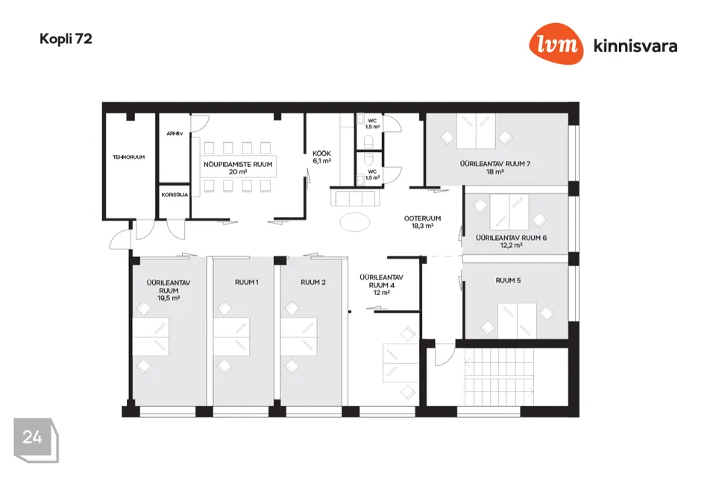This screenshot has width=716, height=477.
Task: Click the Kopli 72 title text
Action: (66, 40)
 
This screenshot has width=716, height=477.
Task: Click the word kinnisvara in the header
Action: (635, 46)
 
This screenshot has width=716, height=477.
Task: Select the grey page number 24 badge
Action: (34, 438)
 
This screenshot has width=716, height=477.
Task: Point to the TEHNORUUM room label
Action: (128, 157)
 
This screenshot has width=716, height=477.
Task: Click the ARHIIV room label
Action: (174, 134)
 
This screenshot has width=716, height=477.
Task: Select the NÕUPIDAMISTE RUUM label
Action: (238, 163)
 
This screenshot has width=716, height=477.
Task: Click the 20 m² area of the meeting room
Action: (238, 171)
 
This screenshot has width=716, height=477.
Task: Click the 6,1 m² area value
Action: (321, 160)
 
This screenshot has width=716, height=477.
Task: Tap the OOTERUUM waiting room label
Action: (423, 218)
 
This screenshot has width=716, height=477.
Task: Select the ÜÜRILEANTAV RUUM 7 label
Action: (495, 163)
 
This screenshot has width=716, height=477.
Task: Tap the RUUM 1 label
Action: (246, 282)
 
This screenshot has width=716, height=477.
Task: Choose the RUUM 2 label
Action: (313, 282)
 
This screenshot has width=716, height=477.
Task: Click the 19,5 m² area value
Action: (168, 297)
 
